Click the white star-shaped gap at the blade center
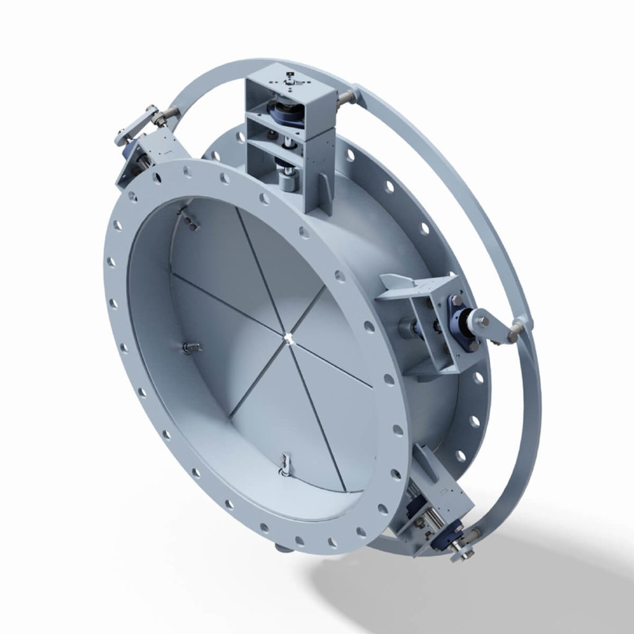tap(289, 336)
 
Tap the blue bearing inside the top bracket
tap(286, 115)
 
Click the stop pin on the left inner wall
tap(189, 347)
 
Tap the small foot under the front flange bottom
tap(282, 547)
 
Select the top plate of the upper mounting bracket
tap(289, 80)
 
